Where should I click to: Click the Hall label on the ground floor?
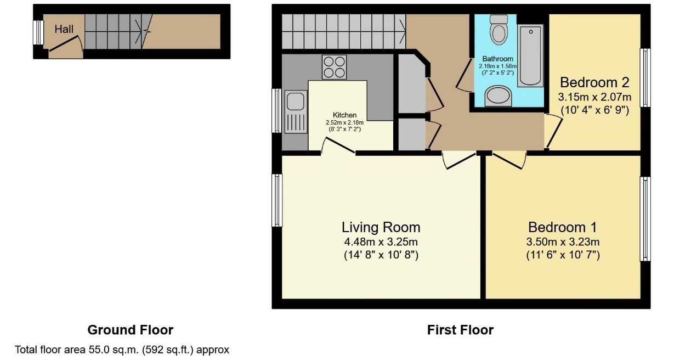click(64, 29)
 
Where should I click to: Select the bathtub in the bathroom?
click(530, 55)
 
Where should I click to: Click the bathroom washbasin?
click(499, 96)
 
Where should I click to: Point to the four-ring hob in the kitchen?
click(334, 67)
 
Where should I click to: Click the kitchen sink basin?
click(295, 101)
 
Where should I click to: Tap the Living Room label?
click(381, 227)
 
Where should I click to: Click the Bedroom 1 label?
click(562, 227)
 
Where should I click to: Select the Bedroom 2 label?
click(594, 82)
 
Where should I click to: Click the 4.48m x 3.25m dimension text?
click(381, 241)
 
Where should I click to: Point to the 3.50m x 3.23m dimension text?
click(563, 241)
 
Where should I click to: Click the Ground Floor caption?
click(131, 330)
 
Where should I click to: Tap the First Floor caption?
click(460, 330)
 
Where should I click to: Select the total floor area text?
click(122, 350)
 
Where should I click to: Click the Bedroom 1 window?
click(645, 219)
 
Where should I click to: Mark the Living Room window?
click(277, 200)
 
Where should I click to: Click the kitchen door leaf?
click(339, 145)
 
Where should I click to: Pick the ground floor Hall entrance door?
click(64, 43)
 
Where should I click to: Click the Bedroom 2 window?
click(645, 78)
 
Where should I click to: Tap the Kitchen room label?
click(345, 115)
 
